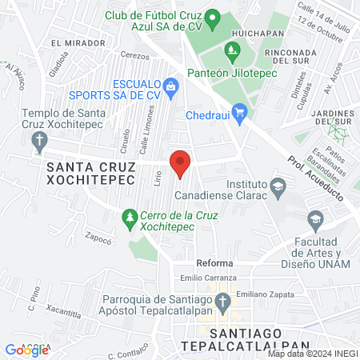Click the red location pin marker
click(180, 162)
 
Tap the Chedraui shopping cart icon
click(238, 112)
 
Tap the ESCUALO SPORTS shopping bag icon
click(170, 85)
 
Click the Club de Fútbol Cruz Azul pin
click(212, 16)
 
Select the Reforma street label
click(214, 263)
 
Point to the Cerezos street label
click(135, 57)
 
